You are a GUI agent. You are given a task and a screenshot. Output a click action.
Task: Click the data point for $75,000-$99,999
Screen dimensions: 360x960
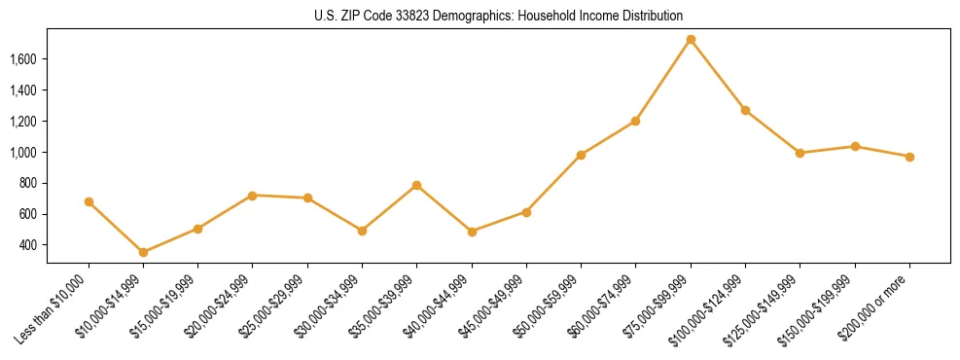pyautogui.click(x=691, y=40)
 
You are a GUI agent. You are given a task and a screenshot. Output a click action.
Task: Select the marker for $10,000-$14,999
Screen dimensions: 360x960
pyautogui.click(x=143, y=252)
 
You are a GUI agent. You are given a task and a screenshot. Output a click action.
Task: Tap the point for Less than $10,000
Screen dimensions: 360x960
pyautogui.click(x=89, y=201)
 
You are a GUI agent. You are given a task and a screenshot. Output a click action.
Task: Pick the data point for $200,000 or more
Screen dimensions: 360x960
pyautogui.click(x=909, y=157)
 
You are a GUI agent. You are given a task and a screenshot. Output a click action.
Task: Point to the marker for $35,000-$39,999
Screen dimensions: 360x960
pyautogui.click(x=416, y=185)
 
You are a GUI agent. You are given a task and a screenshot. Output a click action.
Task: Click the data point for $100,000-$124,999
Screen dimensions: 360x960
pyautogui.click(x=745, y=110)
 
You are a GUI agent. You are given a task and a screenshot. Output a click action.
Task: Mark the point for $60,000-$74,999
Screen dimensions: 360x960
pyautogui.click(x=635, y=121)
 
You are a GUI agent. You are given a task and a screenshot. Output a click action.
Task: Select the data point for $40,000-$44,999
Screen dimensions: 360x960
pyautogui.click(x=472, y=232)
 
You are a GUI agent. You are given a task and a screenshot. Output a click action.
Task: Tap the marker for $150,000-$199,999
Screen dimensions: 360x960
pyautogui.click(x=855, y=146)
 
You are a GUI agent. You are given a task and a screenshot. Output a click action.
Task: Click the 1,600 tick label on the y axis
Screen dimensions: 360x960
pyautogui.click(x=50, y=59)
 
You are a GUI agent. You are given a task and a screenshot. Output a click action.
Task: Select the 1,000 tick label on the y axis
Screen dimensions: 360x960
pyautogui.click(x=50, y=153)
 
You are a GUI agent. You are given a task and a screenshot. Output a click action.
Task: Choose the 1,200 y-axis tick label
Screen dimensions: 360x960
pyautogui.click(x=50, y=122)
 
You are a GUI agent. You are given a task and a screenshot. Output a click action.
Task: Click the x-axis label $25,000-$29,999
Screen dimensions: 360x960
pyautogui.click(x=276, y=306)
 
